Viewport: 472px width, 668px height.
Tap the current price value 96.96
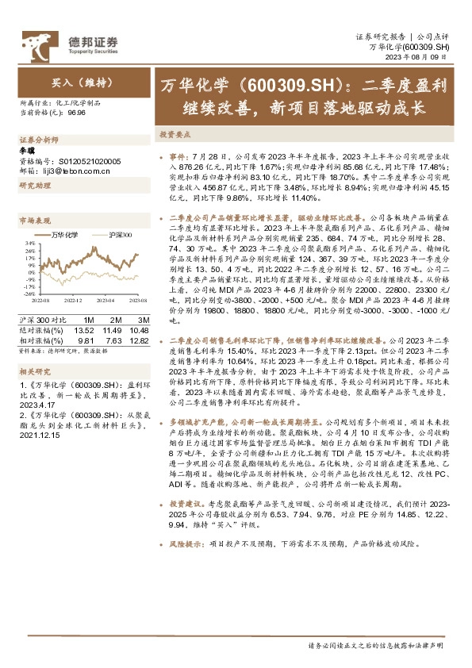[77, 113]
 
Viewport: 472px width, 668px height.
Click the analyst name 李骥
[25, 149]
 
